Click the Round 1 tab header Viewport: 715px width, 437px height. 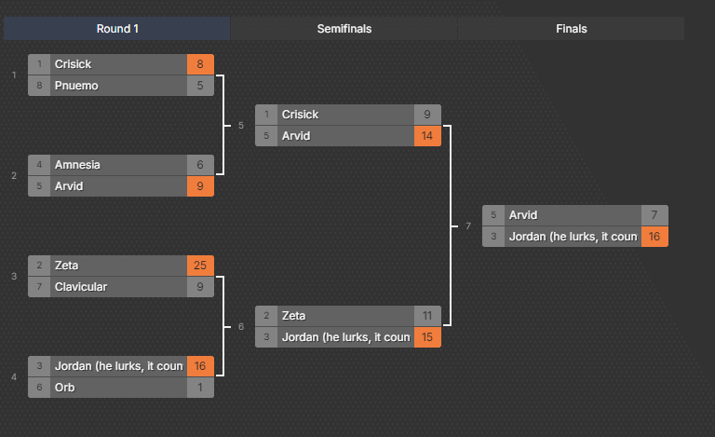tap(117, 29)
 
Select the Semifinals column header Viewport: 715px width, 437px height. tap(344, 29)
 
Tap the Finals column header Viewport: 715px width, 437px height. tap(572, 29)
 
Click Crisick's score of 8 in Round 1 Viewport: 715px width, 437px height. tap(200, 64)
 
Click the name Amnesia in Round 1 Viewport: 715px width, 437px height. tap(77, 165)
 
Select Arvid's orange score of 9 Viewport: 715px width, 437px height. tap(200, 186)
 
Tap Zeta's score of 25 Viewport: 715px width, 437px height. tap(200, 266)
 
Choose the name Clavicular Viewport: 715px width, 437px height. tap(81, 287)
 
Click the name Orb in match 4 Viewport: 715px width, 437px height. tap(64, 388)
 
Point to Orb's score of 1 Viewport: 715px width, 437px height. tap(200, 388)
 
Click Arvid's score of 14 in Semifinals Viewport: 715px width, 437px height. tap(427, 136)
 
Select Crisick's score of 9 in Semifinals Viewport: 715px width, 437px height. tap(427, 115)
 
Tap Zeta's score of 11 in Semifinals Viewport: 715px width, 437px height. tap(427, 316)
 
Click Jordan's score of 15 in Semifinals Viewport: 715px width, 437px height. tap(427, 337)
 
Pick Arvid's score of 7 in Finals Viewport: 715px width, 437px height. tap(654, 215)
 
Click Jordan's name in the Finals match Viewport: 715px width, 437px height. tap(573, 237)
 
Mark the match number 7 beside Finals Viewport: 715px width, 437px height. tap(468, 226)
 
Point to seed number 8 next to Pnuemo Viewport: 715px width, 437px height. tap(40, 86)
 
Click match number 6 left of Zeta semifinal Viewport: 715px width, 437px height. tap(241, 327)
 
